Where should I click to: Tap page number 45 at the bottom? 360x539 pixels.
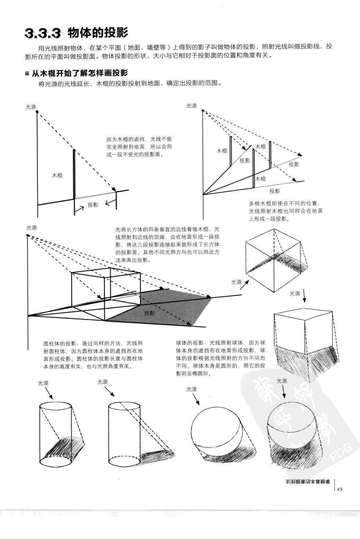tap(339, 489)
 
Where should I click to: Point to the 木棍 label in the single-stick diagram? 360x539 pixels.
tap(57, 175)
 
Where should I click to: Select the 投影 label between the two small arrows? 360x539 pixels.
tap(93, 205)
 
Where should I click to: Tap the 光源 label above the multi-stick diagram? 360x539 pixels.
tap(191, 106)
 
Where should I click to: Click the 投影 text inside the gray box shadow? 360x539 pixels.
tap(149, 313)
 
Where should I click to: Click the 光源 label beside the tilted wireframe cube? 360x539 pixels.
tap(236, 282)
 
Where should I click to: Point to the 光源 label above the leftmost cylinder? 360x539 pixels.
tap(43, 383)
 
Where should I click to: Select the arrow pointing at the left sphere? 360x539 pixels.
tap(197, 400)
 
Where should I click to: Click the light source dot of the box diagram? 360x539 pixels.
tap(28, 235)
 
